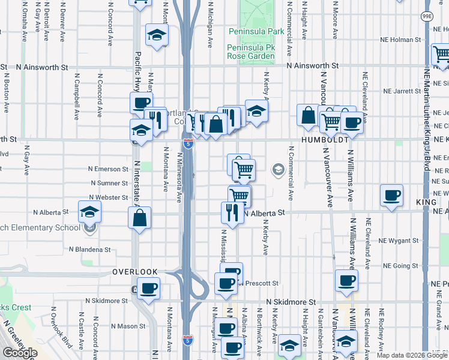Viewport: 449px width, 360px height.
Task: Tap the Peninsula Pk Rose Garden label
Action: tap(251, 52)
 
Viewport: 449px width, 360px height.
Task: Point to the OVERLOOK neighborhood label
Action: tap(135, 272)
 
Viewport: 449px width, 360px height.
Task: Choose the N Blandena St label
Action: tap(90, 249)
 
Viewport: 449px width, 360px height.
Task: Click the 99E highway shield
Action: tap(426, 16)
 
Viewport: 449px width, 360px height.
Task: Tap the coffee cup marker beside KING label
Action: tap(392, 195)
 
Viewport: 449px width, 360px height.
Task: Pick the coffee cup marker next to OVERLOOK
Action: tap(148, 288)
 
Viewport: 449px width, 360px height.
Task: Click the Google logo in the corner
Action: tap(20, 353)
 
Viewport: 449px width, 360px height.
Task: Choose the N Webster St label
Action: tap(108, 197)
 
